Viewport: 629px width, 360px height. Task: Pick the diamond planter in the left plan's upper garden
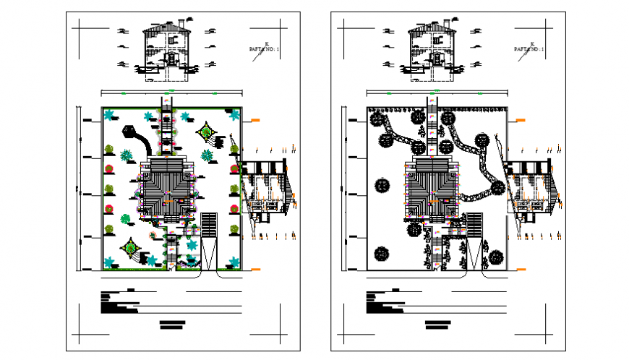point(207,132)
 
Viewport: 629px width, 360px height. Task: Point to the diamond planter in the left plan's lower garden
point(131,248)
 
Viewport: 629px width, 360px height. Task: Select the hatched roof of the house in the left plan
point(166,189)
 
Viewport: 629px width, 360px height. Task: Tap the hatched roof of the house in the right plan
point(432,189)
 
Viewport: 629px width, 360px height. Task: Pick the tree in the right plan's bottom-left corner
point(381,253)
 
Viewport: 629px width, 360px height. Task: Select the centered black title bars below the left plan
point(173,325)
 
